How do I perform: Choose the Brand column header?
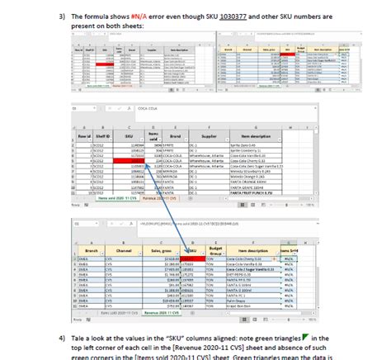[x=175, y=136]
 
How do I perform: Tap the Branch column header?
[x=91, y=249]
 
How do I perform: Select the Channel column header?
[x=129, y=249]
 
